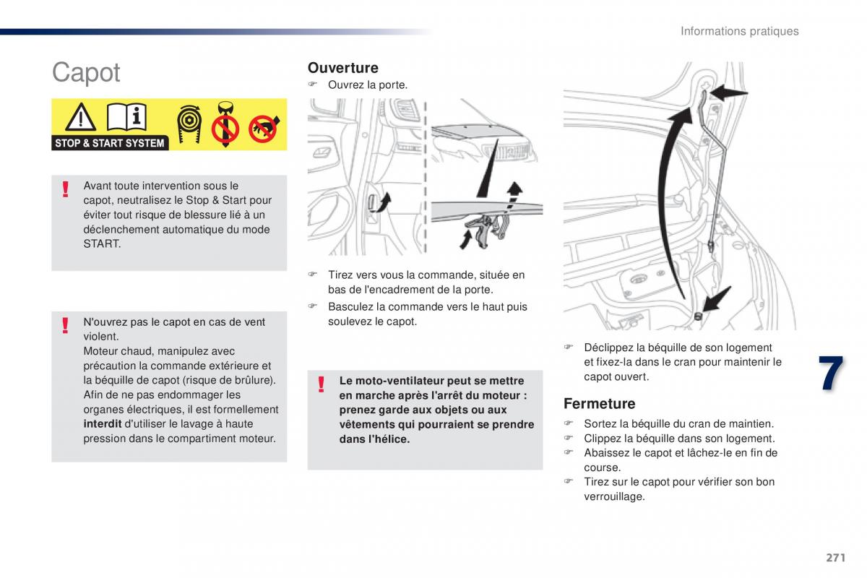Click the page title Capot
(86, 73)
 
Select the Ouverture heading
(342, 68)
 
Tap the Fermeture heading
(599, 404)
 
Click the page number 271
(834, 557)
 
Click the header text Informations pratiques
(739, 31)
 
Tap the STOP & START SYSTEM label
(110, 143)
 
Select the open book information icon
(127, 117)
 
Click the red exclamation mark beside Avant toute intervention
(66, 189)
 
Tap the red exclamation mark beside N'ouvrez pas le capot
(66, 326)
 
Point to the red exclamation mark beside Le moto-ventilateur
(322, 384)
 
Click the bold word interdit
(102, 424)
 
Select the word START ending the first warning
(103, 244)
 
